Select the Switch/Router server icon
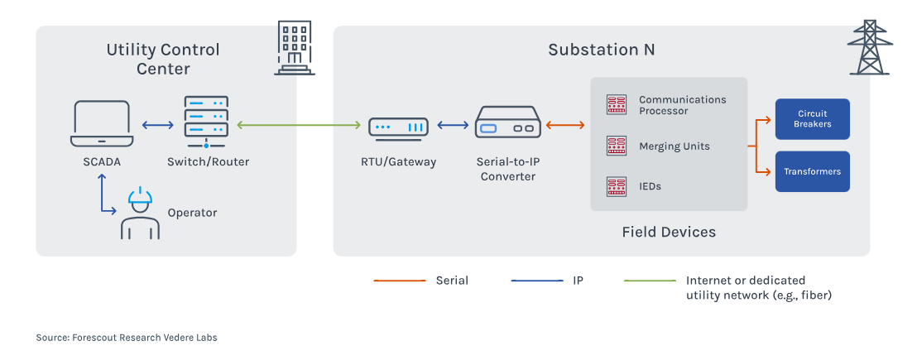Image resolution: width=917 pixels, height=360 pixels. pos(205,122)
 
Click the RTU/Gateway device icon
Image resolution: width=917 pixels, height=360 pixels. pos(398,127)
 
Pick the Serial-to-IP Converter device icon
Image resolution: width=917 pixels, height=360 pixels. pos(508,127)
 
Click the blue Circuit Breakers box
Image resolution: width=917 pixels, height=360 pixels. pos(812,119)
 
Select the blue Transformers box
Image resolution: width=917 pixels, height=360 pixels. pos(812,171)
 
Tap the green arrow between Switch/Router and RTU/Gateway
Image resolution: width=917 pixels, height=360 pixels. pos(301,126)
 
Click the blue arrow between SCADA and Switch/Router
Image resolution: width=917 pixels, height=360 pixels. pos(157,126)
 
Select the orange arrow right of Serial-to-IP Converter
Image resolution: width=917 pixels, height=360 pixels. pos(565,126)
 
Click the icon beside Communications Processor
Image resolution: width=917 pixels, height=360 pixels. pos(617,104)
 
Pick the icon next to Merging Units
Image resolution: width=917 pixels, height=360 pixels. pos(617,146)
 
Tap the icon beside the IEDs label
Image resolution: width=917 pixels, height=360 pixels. pos(617,186)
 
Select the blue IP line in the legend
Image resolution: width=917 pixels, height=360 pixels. pos(535,281)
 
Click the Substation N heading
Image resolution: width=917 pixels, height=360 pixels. pos(601,50)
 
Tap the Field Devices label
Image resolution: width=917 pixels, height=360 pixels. pos(668,233)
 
